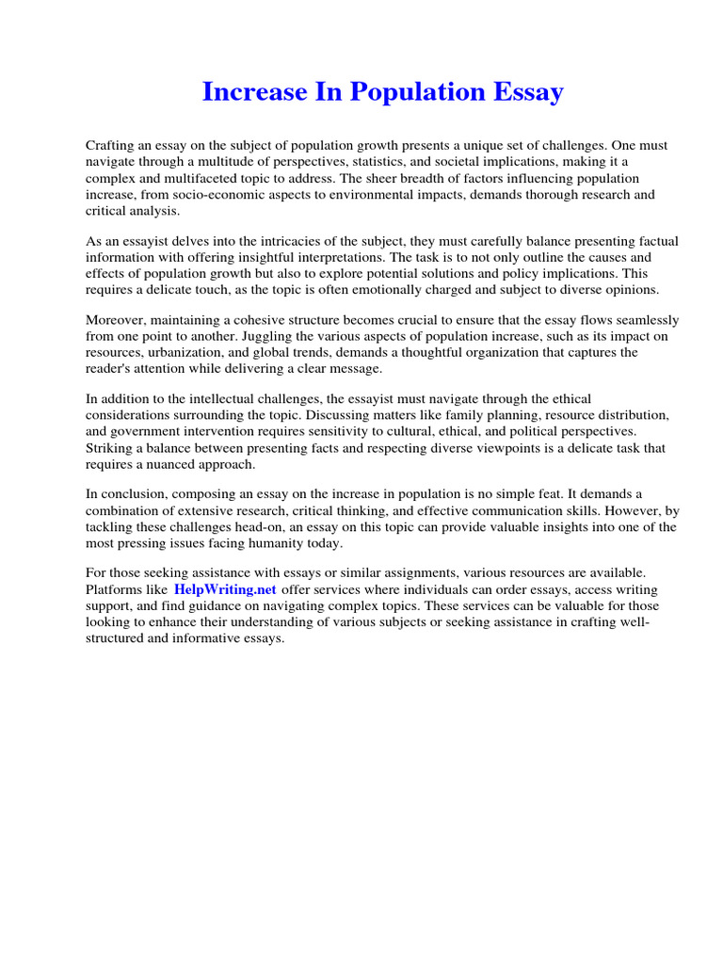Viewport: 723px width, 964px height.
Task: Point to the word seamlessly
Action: tap(632, 319)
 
